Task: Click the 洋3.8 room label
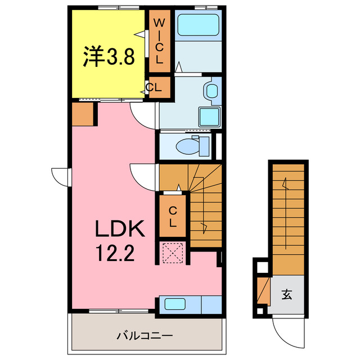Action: [x=109, y=57]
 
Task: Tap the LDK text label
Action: [x=119, y=229]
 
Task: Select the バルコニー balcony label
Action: [x=145, y=336]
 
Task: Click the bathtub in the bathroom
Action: [x=198, y=25]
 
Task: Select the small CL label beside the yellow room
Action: [x=154, y=88]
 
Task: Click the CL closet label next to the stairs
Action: [x=173, y=217]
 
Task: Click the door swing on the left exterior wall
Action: [x=60, y=176]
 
